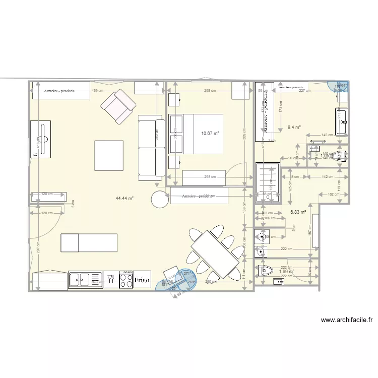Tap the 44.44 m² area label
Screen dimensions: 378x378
[x=124, y=199]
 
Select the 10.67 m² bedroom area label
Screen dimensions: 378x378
[x=210, y=134]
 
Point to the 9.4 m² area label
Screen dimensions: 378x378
[x=294, y=128]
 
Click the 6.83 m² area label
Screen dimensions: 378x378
[x=298, y=212]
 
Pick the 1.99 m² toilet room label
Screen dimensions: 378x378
[x=286, y=271]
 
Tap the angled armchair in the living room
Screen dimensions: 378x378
[x=118, y=106]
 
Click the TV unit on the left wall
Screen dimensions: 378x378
[x=41, y=139]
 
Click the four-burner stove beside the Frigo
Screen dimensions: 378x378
[x=125, y=279]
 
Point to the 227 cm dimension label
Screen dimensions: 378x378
[x=303, y=91]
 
